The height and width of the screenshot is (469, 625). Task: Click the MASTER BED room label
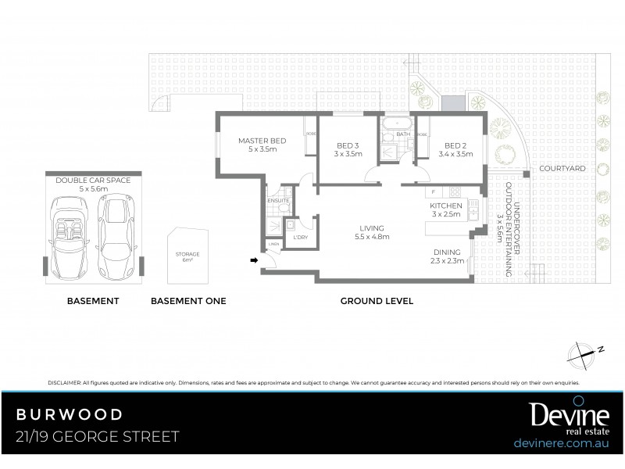click(x=262, y=140)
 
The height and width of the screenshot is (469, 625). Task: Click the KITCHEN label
click(x=445, y=205)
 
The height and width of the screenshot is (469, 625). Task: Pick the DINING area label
click(x=447, y=252)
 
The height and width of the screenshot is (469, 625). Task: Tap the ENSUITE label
click(x=278, y=201)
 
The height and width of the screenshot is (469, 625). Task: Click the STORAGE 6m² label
click(x=187, y=257)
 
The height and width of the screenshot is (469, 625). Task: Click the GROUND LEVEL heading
click(x=376, y=301)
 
